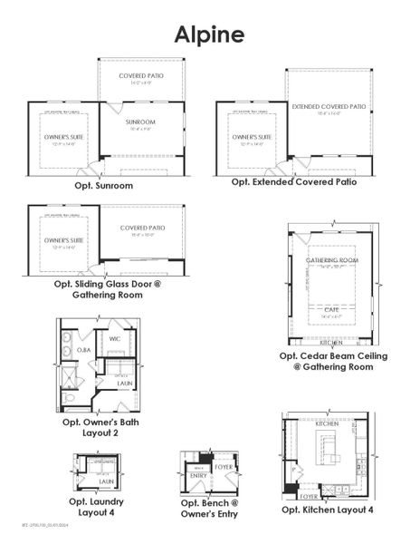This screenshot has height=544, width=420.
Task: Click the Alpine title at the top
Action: (209, 34)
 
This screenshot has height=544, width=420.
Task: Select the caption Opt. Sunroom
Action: (103, 185)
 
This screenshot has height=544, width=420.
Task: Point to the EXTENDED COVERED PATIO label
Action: (328, 107)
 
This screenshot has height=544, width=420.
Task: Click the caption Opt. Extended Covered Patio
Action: (293, 181)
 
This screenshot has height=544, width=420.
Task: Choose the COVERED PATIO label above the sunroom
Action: (140, 76)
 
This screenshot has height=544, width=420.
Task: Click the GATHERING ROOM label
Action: (332, 260)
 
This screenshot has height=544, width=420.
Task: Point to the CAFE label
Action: (332, 307)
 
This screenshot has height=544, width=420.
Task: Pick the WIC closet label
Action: (115, 339)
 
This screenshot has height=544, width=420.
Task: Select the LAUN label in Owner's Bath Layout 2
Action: (124, 384)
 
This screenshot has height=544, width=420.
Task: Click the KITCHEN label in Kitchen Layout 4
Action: (327, 423)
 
